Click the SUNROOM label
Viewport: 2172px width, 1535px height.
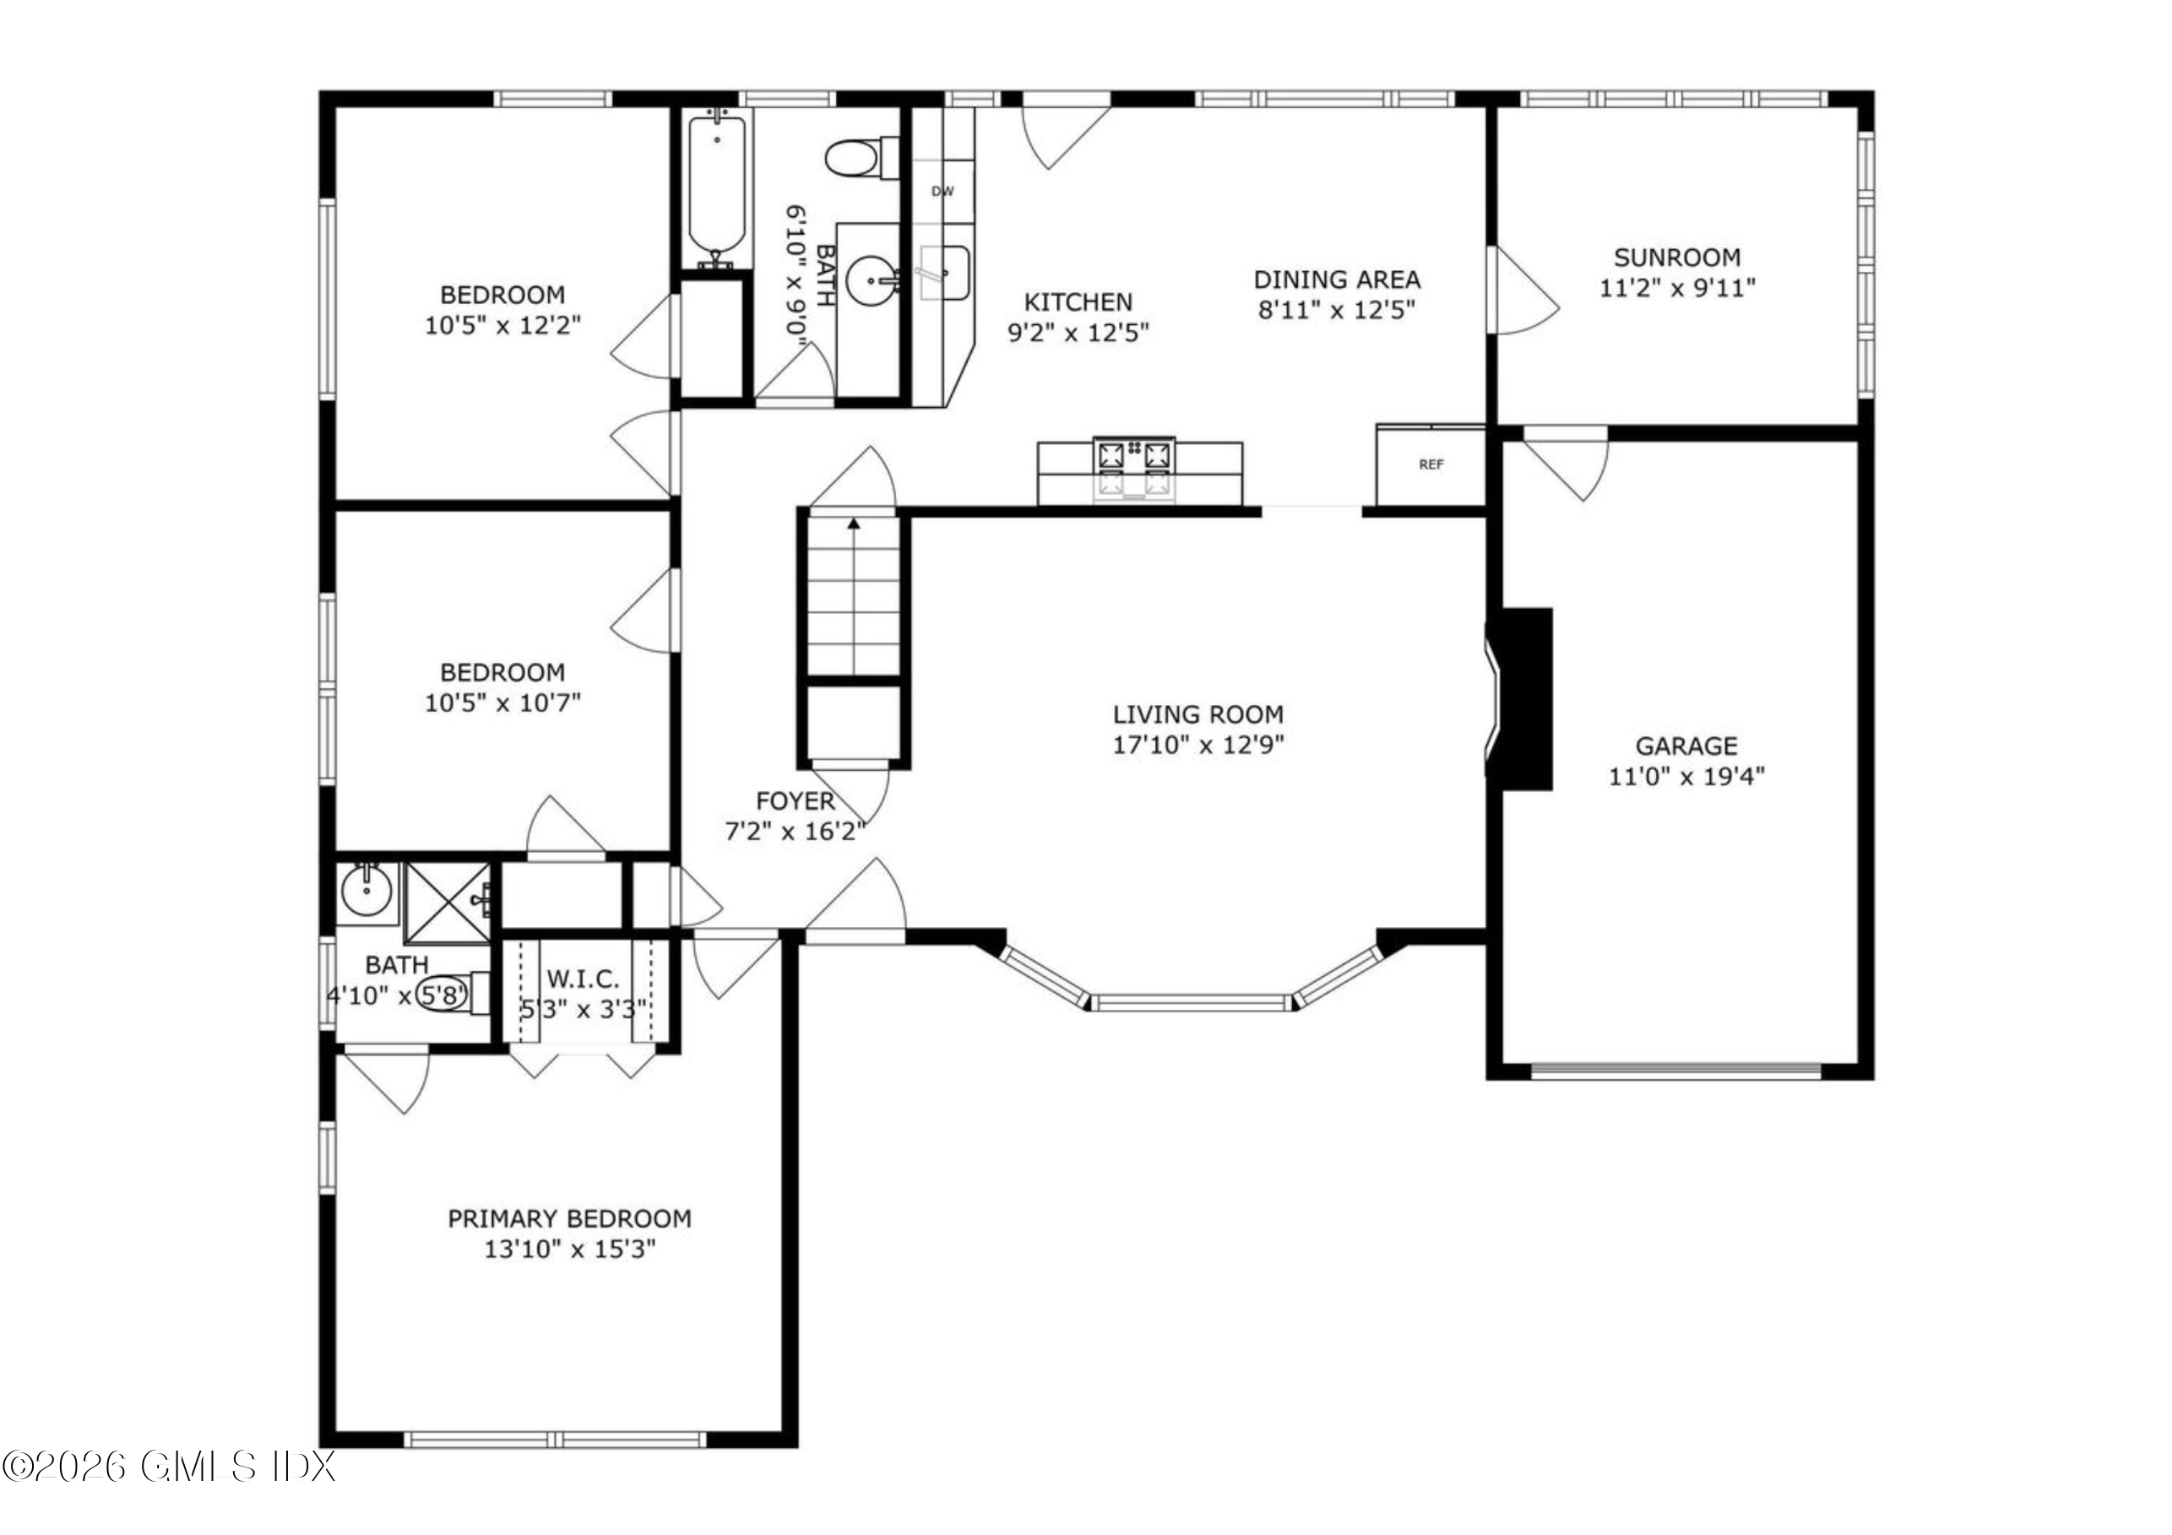click(x=1676, y=258)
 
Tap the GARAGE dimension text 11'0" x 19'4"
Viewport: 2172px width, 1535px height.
click(x=1686, y=777)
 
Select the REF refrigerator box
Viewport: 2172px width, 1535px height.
click(x=1431, y=464)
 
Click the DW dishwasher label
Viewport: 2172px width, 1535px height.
click(x=942, y=191)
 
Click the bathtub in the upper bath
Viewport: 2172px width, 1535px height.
click(x=716, y=187)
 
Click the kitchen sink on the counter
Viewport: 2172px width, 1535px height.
click(x=944, y=273)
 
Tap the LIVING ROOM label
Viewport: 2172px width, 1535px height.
click(x=1197, y=714)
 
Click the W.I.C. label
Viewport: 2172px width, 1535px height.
click(x=583, y=978)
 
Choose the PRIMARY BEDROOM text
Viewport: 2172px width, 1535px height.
click(x=568, y=1218)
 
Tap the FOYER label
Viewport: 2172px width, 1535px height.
click(x=795, y=801)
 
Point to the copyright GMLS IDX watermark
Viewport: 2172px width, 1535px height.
click(x=168, y=1467)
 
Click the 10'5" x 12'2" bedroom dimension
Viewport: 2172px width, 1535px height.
click(x=502, y=325)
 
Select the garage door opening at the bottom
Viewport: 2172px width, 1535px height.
click(x=1675, y=1071)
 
